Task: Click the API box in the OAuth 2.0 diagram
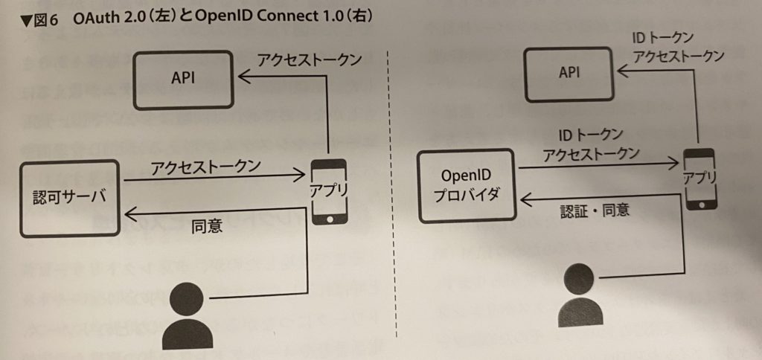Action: coord(183,78)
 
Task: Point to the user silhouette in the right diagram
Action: coord(579,295)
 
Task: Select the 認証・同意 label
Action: coord(595,210)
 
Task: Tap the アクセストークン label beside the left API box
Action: coord(301,60)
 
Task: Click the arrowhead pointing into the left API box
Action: coord(243,75)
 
